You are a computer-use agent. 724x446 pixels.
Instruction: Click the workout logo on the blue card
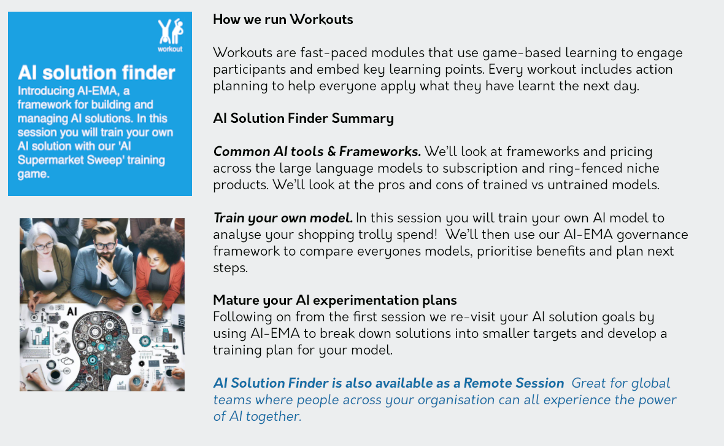coord(171,35)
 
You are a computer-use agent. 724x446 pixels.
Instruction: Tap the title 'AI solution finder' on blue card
coord(96,72)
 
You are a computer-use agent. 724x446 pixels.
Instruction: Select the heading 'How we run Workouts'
coord(283,20)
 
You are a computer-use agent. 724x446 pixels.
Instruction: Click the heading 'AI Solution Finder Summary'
coord(303,119)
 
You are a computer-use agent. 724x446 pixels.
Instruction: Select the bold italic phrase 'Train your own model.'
coord(283,218)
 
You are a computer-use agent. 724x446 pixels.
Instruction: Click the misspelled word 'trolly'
coord(363,235)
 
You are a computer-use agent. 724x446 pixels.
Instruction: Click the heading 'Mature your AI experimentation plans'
coord(335,300)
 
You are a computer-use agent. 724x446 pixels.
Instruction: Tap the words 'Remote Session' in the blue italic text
coord(514,383)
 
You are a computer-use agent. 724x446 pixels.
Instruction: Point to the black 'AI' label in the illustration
coord(72,311)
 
